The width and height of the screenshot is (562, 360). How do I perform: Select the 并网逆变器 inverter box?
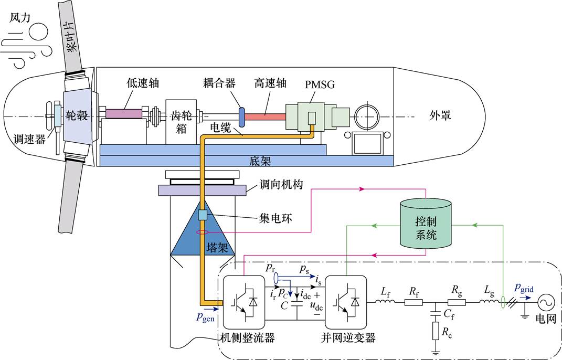click(345, 301)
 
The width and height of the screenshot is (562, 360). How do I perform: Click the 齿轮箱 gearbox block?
click(181, 121)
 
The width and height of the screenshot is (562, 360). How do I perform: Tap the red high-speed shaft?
click(266, 114)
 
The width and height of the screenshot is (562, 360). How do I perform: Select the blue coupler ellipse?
click(242, 115)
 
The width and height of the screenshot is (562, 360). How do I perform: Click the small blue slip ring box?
click(203, 214)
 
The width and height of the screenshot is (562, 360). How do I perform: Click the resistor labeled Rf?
click(413, 302)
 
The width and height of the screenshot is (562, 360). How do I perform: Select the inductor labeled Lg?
click(487, 302)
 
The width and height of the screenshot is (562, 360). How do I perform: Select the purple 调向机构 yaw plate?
click(202, 190)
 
